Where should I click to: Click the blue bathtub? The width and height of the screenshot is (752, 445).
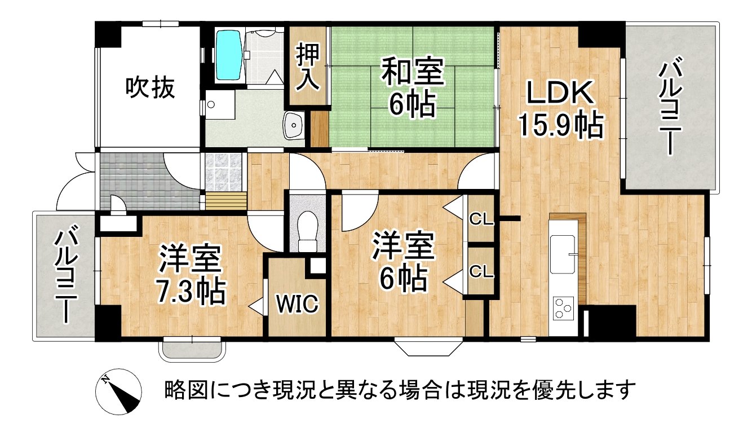tap(229, 55)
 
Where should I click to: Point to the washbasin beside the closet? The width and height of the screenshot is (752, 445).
tap(294, 125)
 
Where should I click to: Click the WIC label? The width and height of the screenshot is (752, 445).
tap(297, 304)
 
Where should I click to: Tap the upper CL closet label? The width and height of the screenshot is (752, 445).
tap(481, 220)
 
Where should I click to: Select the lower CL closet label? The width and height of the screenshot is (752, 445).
tap(481, 272)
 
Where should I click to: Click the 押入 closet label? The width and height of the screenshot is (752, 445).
tap(308, 68)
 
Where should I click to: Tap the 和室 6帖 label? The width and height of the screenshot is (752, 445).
tap(411, 87)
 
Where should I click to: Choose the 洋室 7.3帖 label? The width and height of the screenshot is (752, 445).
tap(191, 275)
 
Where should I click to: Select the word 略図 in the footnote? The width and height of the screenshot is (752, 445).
tap(180, 390)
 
